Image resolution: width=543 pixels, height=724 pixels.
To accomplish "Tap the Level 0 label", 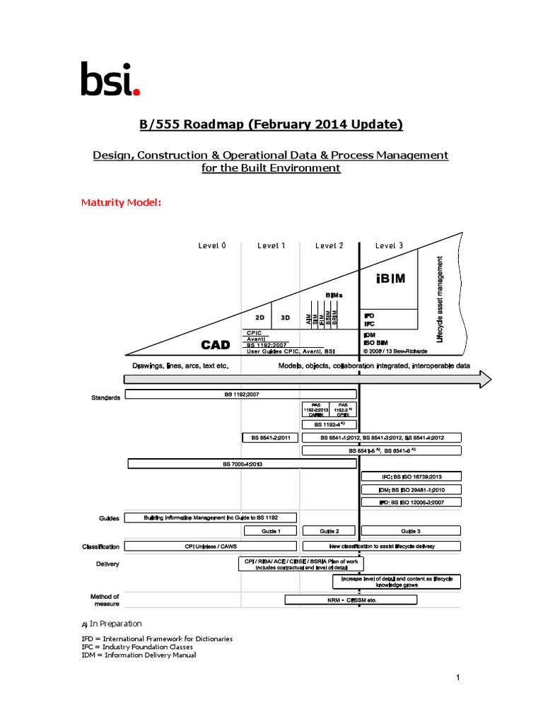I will pyautogui.click(x=212, y=246).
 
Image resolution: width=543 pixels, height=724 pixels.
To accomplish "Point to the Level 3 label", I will pyautogui.click(x=389, y=246).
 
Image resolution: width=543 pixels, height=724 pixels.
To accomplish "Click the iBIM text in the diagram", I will pyautogui.click(x=390, y=278).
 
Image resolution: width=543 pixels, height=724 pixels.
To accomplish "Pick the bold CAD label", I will pyautogui.click(x=215, y=345).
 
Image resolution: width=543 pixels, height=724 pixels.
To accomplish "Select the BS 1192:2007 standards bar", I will pyautogui.click(x=240, y=394).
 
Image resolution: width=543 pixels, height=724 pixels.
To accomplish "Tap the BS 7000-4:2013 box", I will pyautogui.click(x=242, y=464).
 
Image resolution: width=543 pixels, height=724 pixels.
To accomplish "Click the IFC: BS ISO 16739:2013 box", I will pyautogui.click(x=411, y=477).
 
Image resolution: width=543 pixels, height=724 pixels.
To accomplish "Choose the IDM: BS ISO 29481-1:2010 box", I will pyautogui.click(x=411, y=489).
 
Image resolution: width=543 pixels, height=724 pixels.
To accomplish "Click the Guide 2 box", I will pyautogui.click(x=329, y=531).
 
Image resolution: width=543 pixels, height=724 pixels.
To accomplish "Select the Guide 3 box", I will pyautogui.click(x=411, y=531).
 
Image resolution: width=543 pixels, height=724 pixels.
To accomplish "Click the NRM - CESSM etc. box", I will pyautogui.click(x=351, y=600).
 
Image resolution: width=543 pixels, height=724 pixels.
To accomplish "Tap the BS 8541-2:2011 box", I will pyautogui.click(x=270, y=438).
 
